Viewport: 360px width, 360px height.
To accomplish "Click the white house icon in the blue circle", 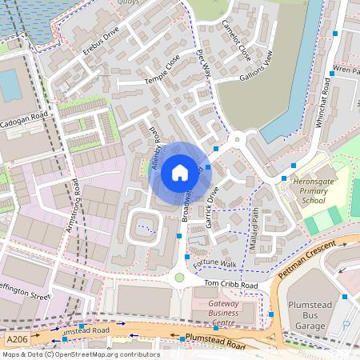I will click(179, 172).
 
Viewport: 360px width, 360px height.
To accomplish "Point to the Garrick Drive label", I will click(212, 207).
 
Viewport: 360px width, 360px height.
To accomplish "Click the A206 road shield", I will click(14, 340).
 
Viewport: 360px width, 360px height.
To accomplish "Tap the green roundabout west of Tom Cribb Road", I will click(178, 278).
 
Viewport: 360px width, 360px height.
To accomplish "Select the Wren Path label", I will click(345, 70).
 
